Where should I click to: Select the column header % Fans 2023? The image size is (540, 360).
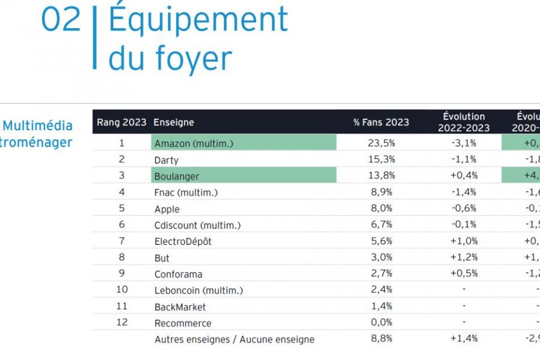(x=381, y=122)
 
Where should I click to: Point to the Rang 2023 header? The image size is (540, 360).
(x=122, y=122)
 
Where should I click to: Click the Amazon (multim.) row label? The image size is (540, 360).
(x=194, y=143)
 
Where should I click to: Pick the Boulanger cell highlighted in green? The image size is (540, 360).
(x=176, y=176)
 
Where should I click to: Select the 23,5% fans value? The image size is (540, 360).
(x=381, y=143)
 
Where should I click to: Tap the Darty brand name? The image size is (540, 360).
(x=166, y=160)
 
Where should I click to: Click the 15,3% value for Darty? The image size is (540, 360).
(x=381, y=160)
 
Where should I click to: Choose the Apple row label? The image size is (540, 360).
(x=167, y=209)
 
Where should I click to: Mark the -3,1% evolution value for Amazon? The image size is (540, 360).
(x=463, y=143)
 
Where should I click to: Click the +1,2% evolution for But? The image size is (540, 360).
(x=463, y=257)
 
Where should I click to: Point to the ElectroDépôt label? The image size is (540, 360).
(x=183, y=242)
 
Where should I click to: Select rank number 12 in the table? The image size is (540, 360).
(x=122, y=323)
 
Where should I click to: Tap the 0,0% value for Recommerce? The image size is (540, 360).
(x=381, y=323)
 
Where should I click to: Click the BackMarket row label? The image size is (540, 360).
(x=180, y=307)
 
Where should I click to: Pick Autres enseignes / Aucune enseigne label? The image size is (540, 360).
(x=234, y=340)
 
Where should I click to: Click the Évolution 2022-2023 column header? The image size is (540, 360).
(x=463, y=122)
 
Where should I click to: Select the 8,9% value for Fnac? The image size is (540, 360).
(x=381, y=192)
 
